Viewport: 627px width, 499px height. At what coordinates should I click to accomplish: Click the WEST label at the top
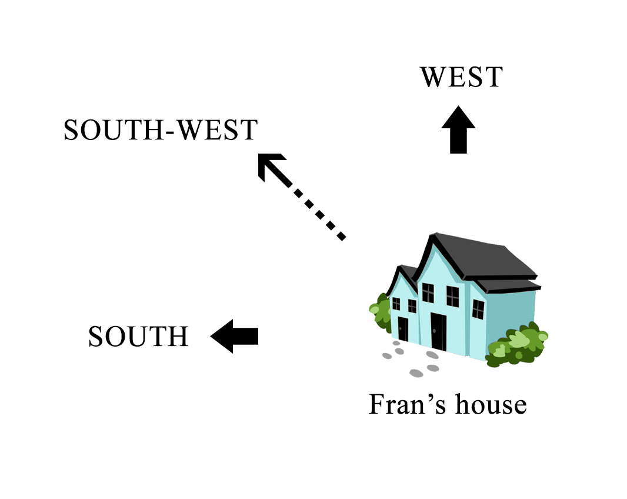(461, 78)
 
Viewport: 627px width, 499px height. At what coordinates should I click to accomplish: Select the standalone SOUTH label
(138, 337)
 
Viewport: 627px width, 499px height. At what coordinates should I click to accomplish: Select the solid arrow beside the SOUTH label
(235, 336)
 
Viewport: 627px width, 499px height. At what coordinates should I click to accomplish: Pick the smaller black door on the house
(403, 328)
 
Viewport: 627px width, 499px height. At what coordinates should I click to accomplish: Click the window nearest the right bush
(478, 309)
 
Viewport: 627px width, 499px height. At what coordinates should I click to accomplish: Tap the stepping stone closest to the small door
(399, 351)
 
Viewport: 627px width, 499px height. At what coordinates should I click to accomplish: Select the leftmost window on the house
(396, 304)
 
